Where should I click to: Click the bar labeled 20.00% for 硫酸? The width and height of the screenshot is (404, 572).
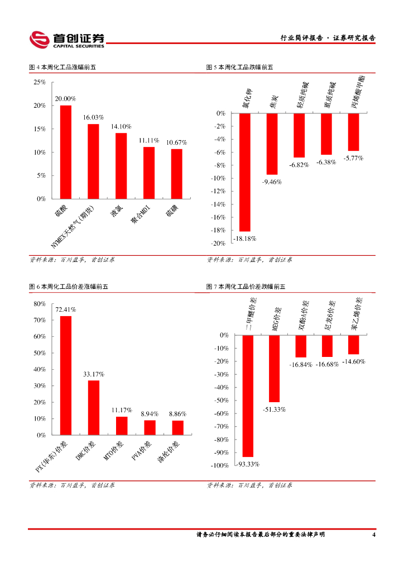click(66, 152)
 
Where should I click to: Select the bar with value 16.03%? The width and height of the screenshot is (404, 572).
click(93, 161)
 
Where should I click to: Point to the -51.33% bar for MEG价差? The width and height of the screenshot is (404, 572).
click(274, 369)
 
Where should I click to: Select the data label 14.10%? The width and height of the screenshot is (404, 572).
click(121, 126)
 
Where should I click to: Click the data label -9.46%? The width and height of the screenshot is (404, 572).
click(272, 182)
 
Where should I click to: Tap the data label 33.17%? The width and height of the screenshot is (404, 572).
click(94, 374)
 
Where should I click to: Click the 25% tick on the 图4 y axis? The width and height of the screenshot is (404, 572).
click(40, 82)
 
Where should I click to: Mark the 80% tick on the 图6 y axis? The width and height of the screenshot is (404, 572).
click(40, 304)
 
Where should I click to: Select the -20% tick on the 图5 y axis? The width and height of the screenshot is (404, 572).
click(218, 244)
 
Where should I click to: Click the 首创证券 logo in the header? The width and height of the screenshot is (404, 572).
click(67, 39)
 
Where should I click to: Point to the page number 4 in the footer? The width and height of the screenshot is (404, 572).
click(373, 535)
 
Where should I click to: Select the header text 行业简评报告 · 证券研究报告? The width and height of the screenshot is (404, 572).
click(328, 38)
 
